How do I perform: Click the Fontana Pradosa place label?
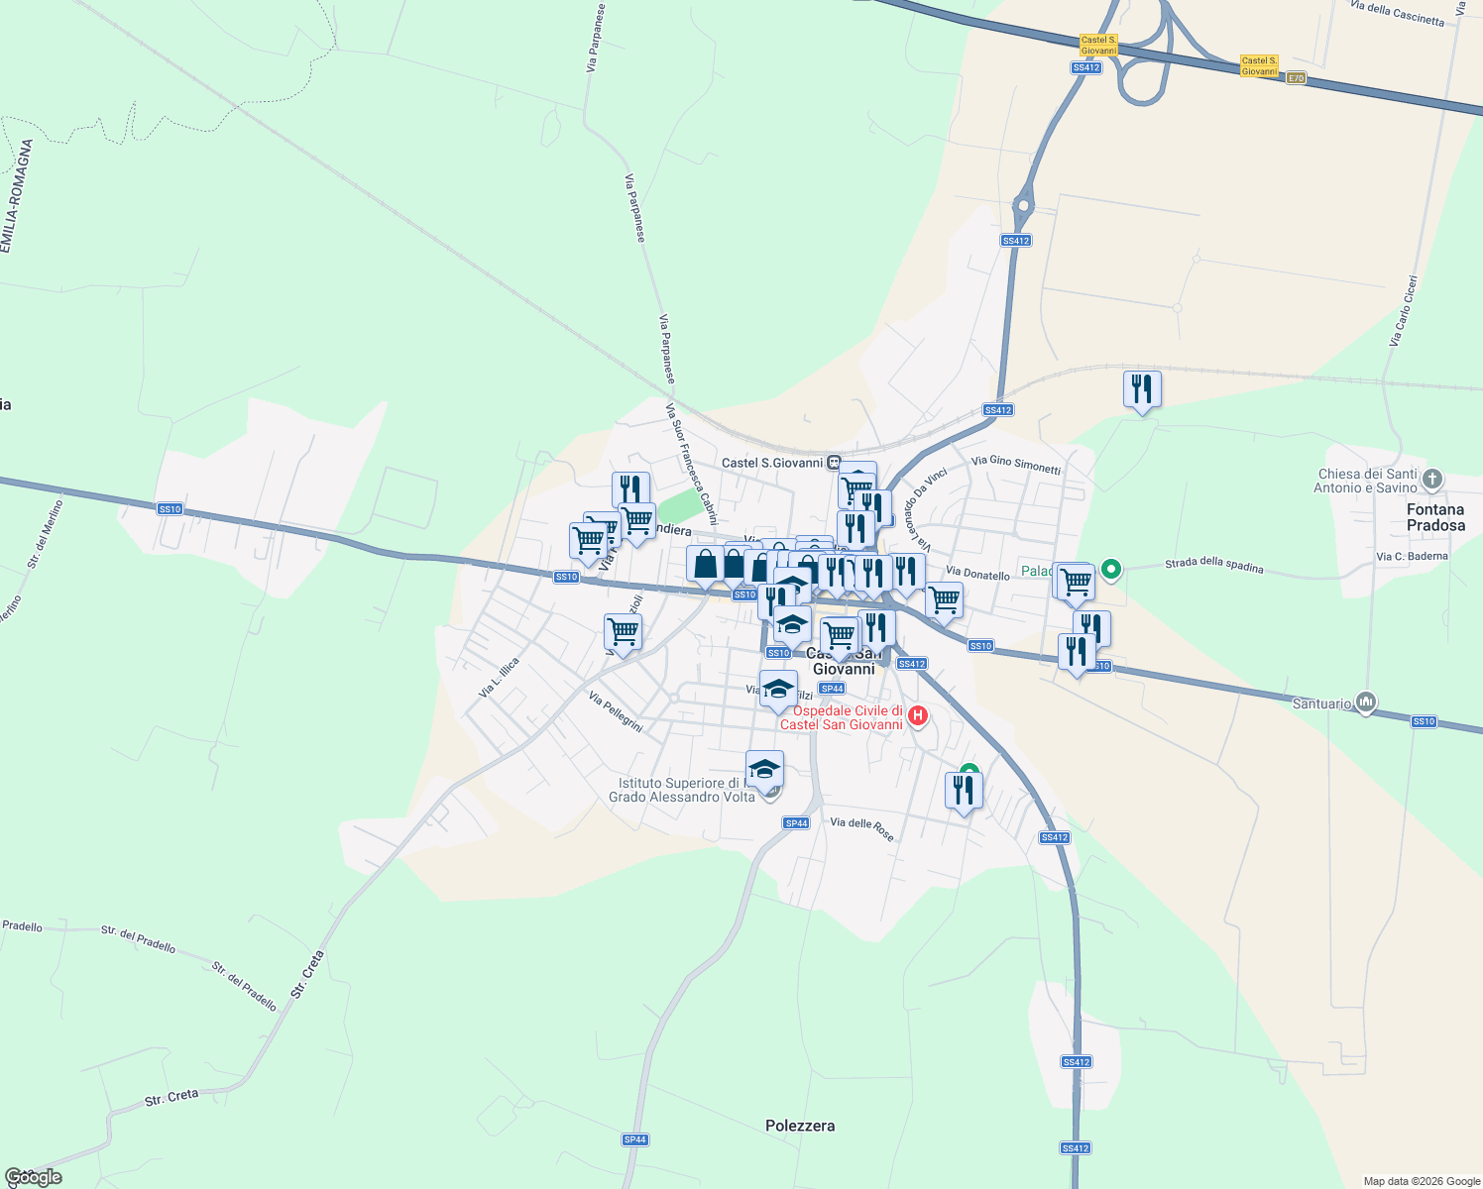1434,517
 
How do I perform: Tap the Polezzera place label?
800,1126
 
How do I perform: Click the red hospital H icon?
918,715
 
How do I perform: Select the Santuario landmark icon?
1366,703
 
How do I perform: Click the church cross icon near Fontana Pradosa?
1431,481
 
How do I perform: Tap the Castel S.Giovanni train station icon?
835,463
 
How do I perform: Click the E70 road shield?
1296,78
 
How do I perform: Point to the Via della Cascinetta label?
1397,13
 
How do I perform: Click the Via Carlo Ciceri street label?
1404,310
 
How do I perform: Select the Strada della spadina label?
1213,566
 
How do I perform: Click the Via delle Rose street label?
861,828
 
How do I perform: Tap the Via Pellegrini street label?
616,711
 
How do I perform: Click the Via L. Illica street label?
499,678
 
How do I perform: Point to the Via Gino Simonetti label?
1016,464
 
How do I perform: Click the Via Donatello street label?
977,573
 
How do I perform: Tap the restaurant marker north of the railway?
1142,389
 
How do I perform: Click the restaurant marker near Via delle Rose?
964,791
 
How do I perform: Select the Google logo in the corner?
33,1177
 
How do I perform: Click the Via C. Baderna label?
1412,556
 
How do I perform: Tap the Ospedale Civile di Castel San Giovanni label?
842,717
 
